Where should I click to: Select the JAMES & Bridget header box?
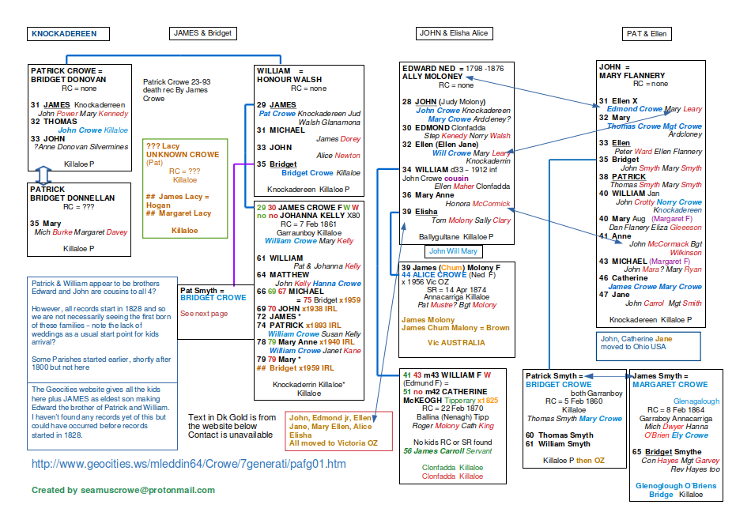(x=202, y=33)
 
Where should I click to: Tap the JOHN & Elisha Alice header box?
(x=454, y=33)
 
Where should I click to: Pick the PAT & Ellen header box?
(x=647, y=34)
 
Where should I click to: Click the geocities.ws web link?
(x=189, y=464)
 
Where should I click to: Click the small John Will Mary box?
(x=453, y=251)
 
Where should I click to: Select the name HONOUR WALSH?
(x=289, y=80)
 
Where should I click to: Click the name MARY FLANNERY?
(x=632, y=76)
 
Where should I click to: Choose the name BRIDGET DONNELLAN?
(x=73, y=198)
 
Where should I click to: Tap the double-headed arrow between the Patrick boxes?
(x=45, y=175)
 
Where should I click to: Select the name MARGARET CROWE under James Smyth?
(x=670, y=384)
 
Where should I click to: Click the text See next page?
(x=203, y=314)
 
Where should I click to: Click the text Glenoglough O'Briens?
(x=670, y=485)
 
